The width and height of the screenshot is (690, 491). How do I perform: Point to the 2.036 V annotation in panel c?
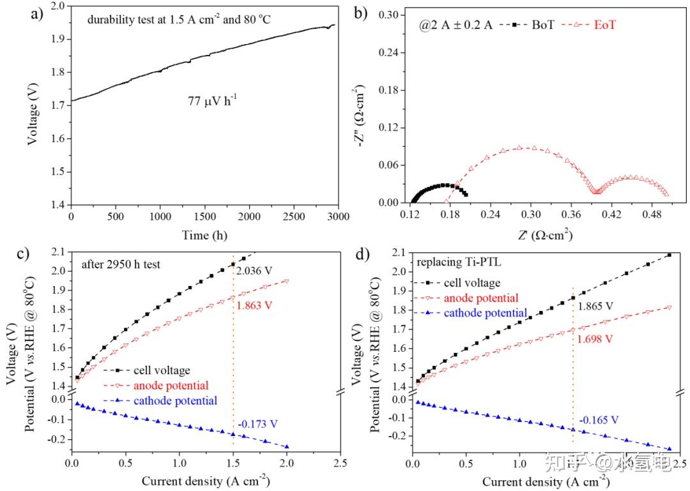[254, 273]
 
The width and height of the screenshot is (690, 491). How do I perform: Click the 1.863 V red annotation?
[255, 305]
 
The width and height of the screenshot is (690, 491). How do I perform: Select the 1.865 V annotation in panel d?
[596, 306]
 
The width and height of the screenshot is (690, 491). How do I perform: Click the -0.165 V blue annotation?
[599, 419]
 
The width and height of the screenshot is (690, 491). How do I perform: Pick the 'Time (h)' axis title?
[204, 235]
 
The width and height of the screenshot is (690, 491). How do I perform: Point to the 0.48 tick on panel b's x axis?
[652, 216]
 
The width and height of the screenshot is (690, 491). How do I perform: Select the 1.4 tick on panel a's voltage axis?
[58, 205]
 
